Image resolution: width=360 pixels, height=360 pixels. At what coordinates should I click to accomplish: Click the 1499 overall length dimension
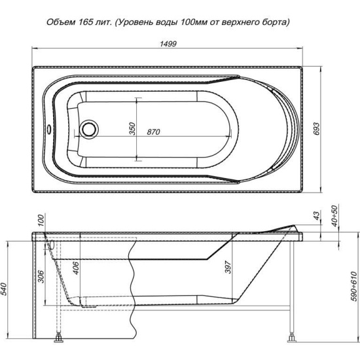168,44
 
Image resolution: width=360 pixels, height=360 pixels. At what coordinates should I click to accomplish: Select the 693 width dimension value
316,129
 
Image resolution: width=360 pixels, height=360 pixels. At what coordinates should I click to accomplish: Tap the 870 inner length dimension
153,132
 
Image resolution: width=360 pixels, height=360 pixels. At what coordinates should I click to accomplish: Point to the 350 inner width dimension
132,129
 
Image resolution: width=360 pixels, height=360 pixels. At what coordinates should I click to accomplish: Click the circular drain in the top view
88,129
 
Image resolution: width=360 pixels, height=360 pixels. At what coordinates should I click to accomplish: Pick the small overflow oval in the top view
49,130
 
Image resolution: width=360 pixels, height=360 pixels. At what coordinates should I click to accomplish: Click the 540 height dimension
4,289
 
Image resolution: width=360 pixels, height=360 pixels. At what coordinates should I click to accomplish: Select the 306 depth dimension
41,276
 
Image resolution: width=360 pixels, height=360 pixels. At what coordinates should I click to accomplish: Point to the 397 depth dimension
228,267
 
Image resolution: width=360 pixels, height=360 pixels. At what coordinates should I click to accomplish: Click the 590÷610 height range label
354,286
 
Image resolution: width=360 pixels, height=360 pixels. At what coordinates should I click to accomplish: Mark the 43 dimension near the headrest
316,215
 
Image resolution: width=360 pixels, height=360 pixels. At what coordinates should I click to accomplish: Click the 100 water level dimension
41,221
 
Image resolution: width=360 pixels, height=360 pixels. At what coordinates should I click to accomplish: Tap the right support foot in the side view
292,338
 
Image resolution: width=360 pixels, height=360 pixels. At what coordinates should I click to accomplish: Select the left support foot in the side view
59,338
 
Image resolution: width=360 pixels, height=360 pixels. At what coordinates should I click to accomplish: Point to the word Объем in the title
61,22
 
